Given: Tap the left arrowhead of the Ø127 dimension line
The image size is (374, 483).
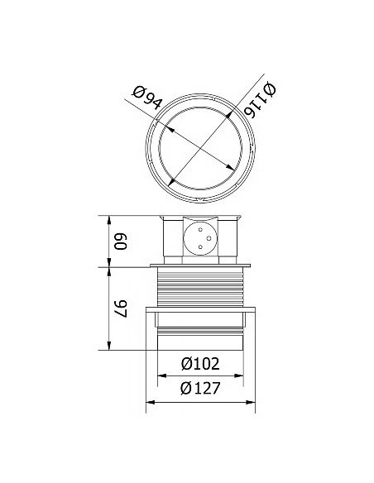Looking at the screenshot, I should (x=150, y=404).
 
